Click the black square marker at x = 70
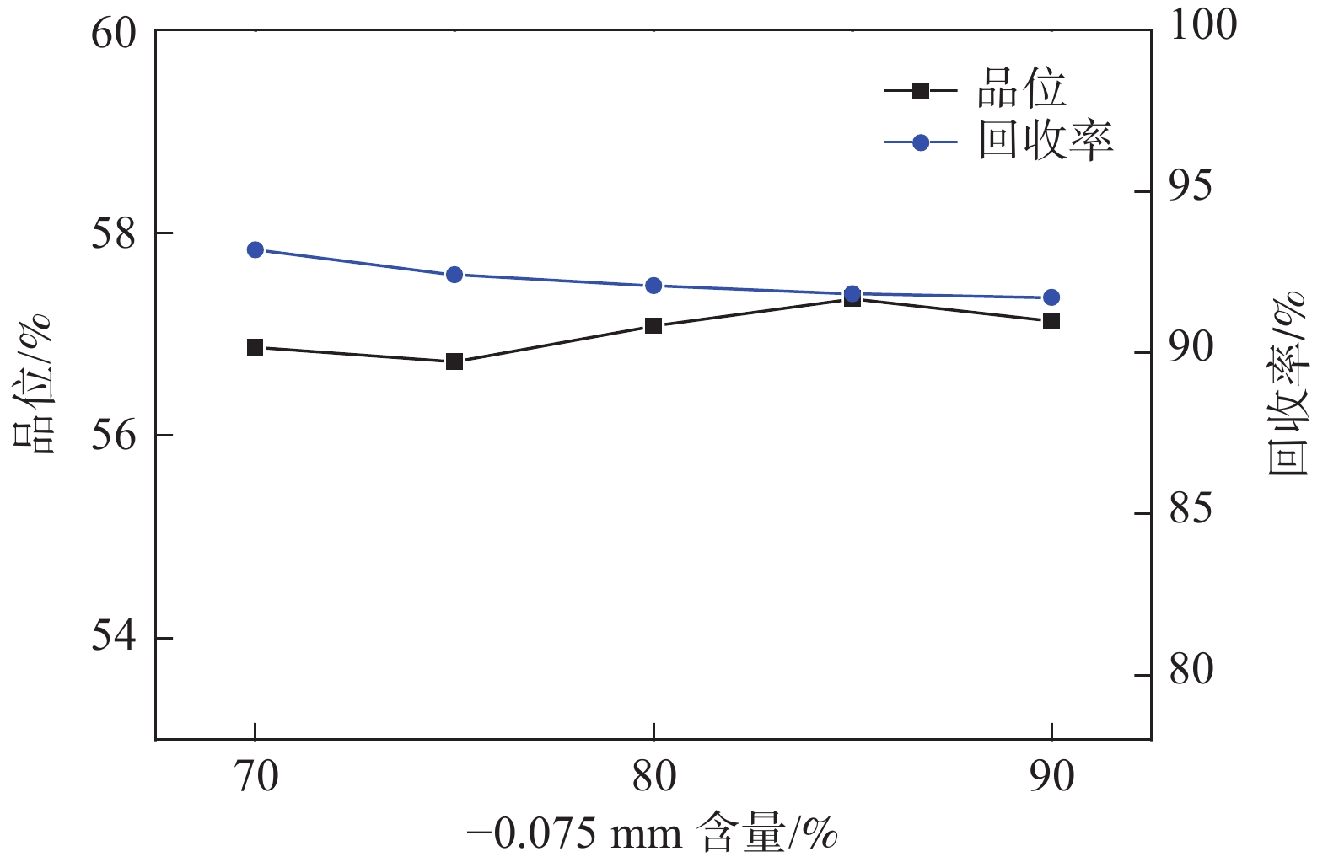tap(255, 347)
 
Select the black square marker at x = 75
tap(454, 361)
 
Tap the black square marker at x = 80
tap(653, 325)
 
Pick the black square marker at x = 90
tap(1051, 320)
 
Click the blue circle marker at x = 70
tap(255, 249)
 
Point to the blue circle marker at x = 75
tap(454, 275)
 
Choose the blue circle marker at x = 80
tap(653, 286)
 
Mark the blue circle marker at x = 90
tap(1051, 297)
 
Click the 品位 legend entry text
tap(1022, 88)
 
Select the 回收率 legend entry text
tap(1046, 141)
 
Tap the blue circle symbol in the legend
tap(921, 142)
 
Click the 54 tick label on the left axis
tap(114, 638)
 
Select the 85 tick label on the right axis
tap(1191, 511)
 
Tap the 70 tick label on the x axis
tap(255, 777)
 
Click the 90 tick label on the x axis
tap(1051, 777)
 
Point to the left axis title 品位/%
tap(34, 383)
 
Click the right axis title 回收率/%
tap(1288, 383)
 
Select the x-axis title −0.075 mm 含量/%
tap(653, 834)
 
